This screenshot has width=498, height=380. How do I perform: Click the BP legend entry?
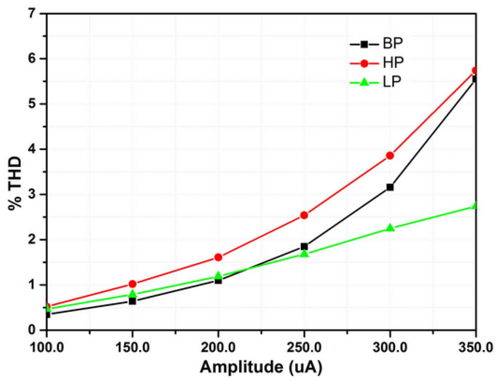376,44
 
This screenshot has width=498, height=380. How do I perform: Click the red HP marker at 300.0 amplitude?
390,156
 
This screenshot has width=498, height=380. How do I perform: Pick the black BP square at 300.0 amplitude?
390,187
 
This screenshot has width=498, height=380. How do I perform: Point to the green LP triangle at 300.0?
390,228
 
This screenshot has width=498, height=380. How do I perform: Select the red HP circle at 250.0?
304,215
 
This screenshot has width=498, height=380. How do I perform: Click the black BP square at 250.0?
304,246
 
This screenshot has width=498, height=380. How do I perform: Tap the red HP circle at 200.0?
218,257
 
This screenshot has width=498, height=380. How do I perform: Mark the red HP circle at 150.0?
132,284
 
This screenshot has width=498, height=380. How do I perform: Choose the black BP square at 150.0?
132,301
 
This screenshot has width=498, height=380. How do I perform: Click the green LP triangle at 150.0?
133,294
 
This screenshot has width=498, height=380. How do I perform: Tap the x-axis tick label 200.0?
218,348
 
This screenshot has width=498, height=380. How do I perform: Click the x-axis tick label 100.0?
47,348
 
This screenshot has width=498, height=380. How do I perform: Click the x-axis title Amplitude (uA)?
261,367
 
